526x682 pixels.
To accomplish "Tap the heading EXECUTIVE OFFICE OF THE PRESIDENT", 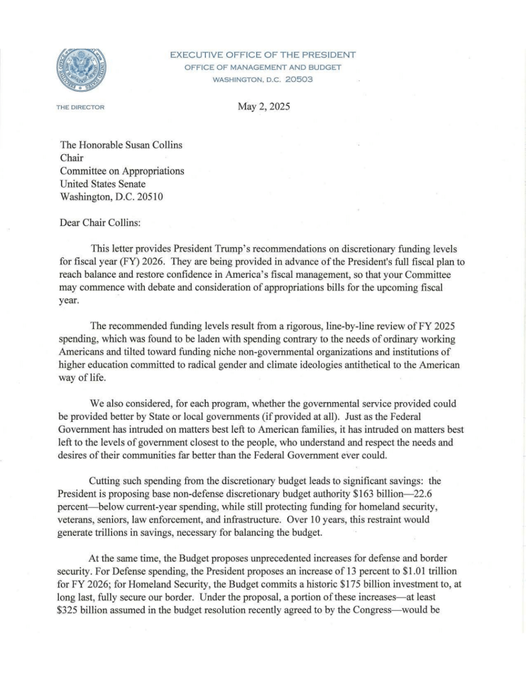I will [x=263, y=55].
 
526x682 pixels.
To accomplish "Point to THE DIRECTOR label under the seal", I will [x=75, y=107].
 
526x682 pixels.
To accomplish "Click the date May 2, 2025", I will [x=263, y=108].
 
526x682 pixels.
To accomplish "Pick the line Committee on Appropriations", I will [x=122, y=170].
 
